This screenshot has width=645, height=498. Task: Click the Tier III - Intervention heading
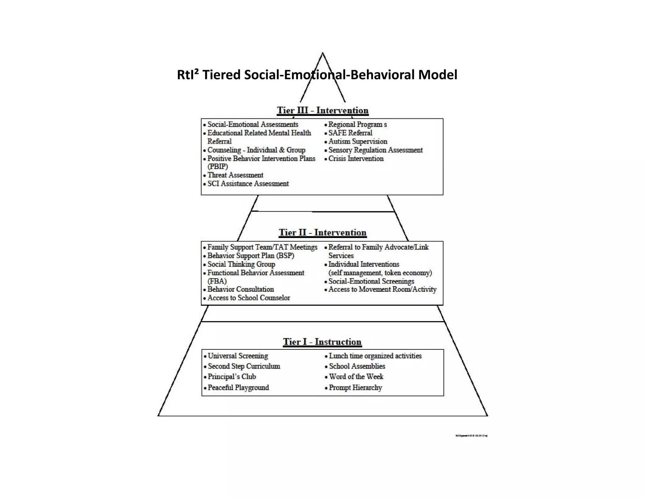[322, 110]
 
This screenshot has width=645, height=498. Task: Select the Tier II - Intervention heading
[322, 233]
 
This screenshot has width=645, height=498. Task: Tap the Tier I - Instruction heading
[322, 342]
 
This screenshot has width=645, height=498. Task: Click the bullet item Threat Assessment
[235, 175]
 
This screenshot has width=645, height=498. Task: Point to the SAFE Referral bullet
[350, 133]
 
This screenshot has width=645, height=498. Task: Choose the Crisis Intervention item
[356, 159]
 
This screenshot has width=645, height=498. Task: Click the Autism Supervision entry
[357, 142]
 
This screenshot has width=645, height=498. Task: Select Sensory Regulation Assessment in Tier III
[375, 150]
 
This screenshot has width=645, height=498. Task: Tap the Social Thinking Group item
[241, 264]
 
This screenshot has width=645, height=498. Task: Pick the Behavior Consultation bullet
[240, 289]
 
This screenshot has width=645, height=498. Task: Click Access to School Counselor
[248, 298]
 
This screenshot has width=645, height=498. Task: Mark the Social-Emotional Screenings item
[371, 281]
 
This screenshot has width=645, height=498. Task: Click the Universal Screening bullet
[238, 356]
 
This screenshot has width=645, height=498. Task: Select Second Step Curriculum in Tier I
[244, 366]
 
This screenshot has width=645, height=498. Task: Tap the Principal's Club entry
[232, 377]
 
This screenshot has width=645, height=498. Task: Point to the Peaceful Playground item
[238, 388]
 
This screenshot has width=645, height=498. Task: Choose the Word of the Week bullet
[356, 377]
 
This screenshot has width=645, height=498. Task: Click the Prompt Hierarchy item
[355, 388]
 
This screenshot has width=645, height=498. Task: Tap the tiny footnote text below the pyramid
[471, 436]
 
